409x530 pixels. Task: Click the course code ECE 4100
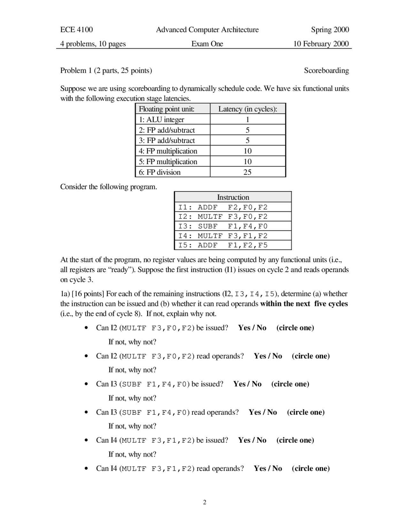(76, 30)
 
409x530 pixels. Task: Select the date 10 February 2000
(321, 44)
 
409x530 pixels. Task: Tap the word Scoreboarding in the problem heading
(326, 70)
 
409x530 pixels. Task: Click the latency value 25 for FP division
(247, 172)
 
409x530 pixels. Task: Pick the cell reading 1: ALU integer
(161, 120)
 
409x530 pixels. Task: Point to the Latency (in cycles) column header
(248, 109)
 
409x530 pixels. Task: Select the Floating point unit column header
(166, 109)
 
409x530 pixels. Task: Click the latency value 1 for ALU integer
(247, 120)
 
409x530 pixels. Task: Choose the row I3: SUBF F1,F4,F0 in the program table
(223, 226)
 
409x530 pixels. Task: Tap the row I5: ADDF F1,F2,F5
(223, 245)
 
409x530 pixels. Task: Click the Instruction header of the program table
(233, 197)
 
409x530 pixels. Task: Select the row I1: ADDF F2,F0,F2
(223, 207)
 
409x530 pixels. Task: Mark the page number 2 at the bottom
(205, 502)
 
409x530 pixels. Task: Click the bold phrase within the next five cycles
(304, 304)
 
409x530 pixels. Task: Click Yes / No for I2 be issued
(252, 328)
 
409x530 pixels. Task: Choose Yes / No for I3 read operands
(263, 412)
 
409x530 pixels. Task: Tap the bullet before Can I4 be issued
(86, 440)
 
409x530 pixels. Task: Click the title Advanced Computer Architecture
(207, 30)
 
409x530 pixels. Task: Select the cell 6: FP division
(159, 172)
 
